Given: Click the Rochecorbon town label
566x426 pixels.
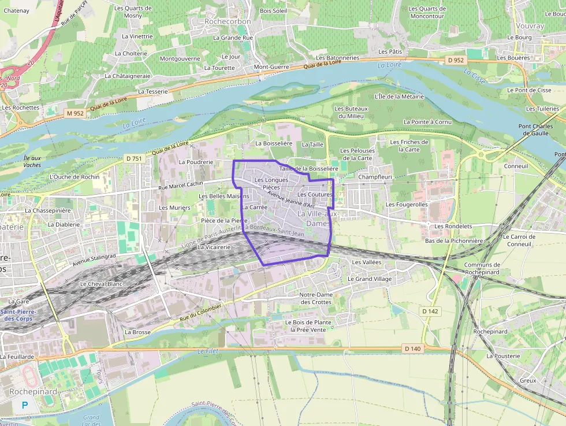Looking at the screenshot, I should click(x=228, y=21).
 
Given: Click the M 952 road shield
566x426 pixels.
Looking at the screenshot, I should click(x=75, y=113).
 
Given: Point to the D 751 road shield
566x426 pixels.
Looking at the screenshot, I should click(x=133, y=158).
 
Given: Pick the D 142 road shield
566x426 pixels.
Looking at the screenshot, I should click(x=430, y=311).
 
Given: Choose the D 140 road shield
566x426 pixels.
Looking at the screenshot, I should click(x=412, y=348).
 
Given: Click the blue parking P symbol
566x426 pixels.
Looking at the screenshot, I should click(x=24, y=405).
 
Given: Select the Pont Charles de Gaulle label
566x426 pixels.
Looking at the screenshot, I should click(x=535, y=130).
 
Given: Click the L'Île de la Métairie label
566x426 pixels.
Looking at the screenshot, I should click(x=399, y=97).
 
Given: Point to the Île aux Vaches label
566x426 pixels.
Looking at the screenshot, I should click(x=32, y=161).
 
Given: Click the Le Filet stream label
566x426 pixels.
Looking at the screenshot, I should click(x=206, y=351).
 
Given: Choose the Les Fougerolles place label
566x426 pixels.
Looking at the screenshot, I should click(x=407, y=205).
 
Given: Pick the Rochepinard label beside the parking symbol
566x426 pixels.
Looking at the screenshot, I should click(x=33, y=391).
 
